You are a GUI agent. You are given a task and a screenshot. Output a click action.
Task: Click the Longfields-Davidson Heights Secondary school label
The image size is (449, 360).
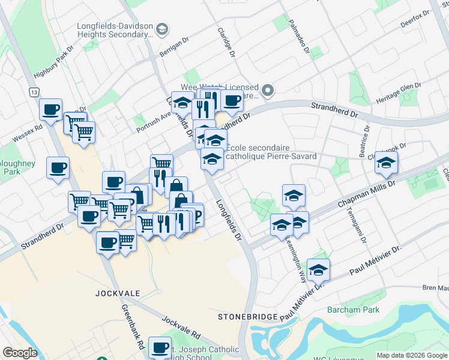pos(115,30)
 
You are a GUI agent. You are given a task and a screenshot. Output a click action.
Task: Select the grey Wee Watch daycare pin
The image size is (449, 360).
pos(268,91)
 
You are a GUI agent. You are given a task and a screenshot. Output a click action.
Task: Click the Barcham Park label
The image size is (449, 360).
pos(354,310)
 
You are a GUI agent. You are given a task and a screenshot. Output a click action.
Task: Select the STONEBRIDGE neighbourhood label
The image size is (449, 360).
pos(247,316)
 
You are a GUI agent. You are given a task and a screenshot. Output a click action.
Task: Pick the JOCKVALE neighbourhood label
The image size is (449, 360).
pos(118,293)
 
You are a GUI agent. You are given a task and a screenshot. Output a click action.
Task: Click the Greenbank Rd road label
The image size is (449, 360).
pos(133,328)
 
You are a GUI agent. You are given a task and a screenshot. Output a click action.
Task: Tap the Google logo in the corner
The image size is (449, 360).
pos(20,353)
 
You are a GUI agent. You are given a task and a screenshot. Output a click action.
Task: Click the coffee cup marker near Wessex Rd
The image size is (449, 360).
pos(51,109)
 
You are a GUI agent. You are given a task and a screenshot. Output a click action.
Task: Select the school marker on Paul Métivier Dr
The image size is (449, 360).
pos(319,269)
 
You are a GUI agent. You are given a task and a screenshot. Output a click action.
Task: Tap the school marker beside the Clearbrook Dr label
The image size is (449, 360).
pos(387,161)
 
